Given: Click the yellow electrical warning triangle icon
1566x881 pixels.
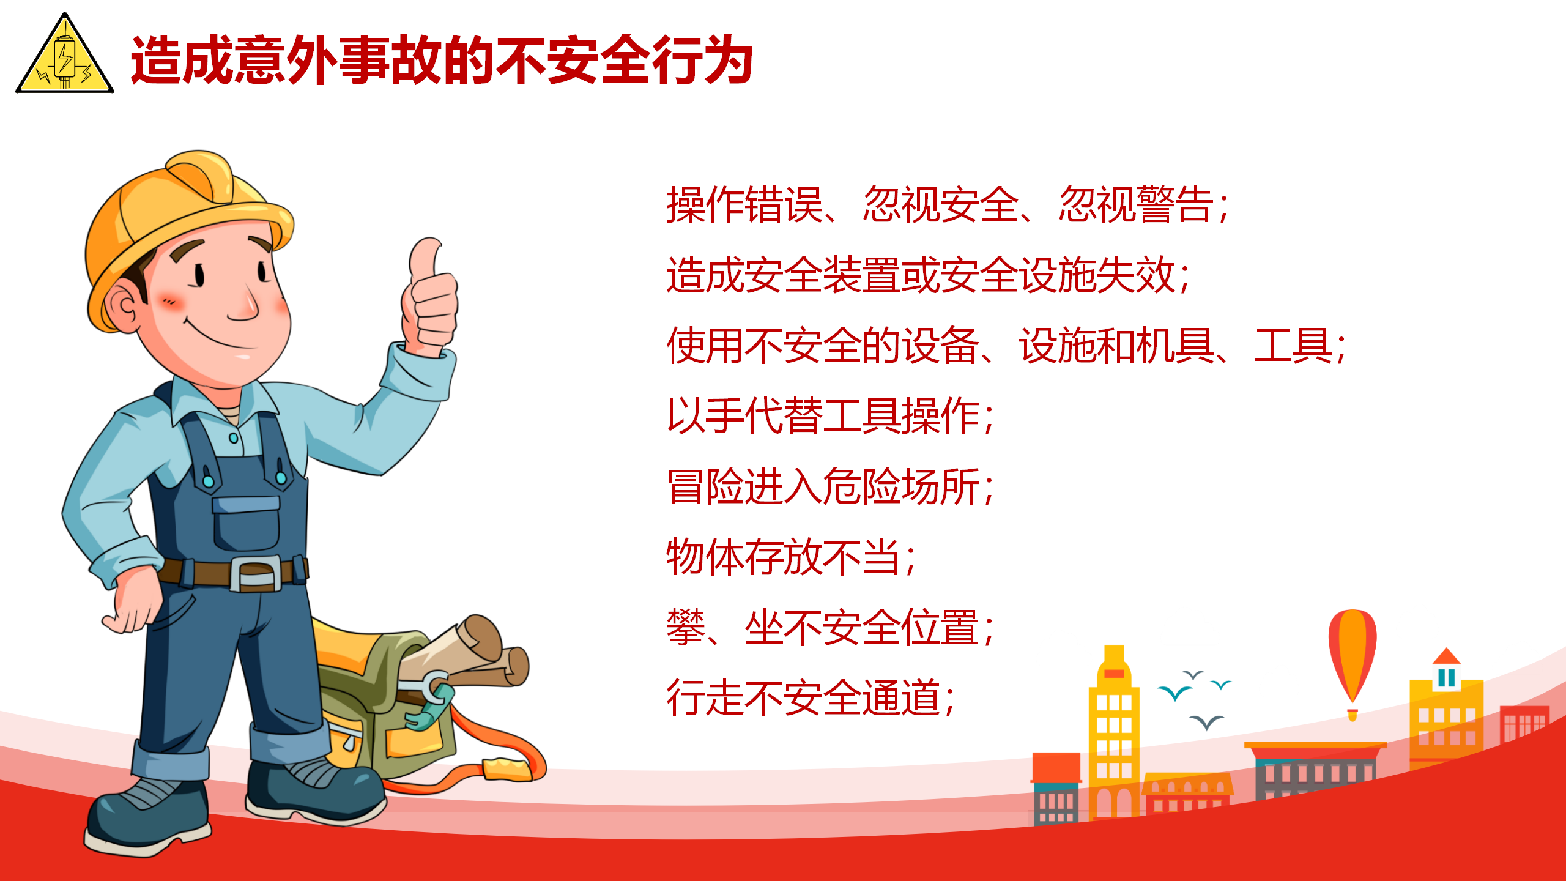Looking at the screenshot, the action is point(64,55).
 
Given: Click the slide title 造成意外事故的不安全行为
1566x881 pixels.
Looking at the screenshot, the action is point(442,60).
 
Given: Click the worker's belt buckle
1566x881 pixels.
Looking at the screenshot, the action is point(256,574).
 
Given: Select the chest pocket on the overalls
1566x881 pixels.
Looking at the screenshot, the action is point(246,523).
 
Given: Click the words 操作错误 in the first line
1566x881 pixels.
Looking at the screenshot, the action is point(745,205).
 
